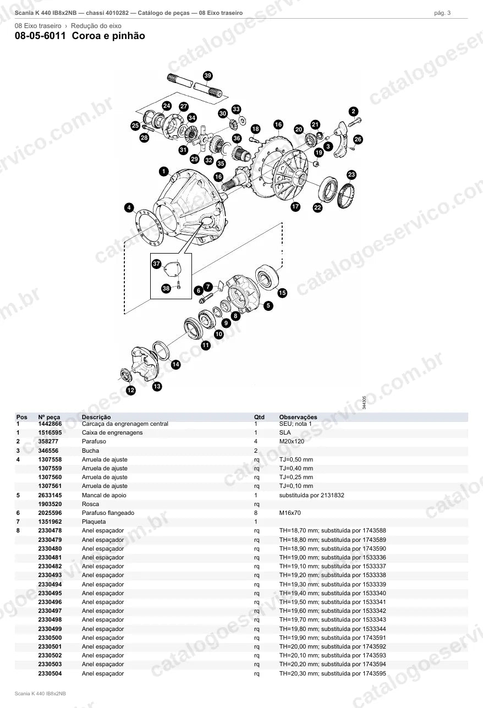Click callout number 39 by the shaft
[208, 75]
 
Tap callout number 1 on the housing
[164, 172]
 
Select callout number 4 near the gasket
[129, 207]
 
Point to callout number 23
[352, 175]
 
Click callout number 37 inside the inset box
[156, 264]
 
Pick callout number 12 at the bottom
[131, 391]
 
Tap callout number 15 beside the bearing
[282, 293]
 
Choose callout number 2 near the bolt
[353, 111]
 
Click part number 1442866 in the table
[50, 424]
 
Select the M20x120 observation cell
[292, 441]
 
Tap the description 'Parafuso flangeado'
[108, 513]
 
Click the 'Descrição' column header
[96, 417]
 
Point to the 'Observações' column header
[298, 417]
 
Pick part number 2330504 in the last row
[50, 673]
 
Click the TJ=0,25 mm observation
[296, 477]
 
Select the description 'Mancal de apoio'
[103, 495]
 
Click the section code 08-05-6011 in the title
[40, 36]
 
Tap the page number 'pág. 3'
[442, 13]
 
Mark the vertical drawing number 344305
[364, 402]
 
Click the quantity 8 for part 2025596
[256, 513]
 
